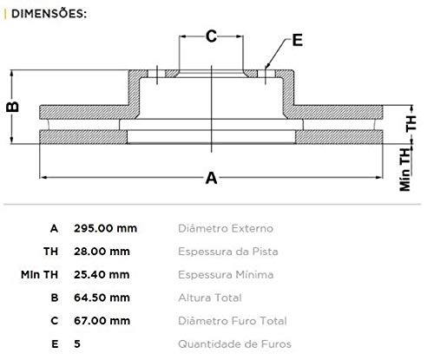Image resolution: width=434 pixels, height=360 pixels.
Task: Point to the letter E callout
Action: (297, 39)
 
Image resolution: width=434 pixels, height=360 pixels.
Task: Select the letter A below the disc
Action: (210, 179)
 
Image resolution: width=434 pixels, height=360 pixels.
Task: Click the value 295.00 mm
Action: (105, 229)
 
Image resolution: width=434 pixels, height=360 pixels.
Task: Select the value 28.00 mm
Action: (102, 252)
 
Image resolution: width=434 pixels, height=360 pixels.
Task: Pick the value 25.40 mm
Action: (102, 275)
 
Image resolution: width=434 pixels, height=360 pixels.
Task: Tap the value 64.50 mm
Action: (102, 298)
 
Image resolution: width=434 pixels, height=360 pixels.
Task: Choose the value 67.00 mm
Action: (102, 321)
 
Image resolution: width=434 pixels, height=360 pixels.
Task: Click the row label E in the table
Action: (55, 344)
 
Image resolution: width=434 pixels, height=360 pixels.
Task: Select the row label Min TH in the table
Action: (40, 275)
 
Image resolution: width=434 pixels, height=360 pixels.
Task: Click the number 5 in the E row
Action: (77, 344)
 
